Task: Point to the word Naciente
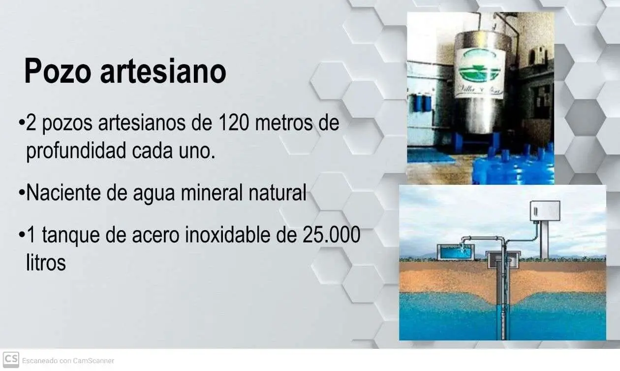(63, 193)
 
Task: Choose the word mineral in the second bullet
(212, 193)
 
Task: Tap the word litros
(46, 262)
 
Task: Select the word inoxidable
(227, 235)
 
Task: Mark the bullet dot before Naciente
(22, 192)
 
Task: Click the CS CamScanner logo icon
(11, 360)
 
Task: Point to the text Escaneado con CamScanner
(68, 361)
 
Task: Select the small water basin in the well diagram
(455, 252)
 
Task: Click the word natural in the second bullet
(278, 193)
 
